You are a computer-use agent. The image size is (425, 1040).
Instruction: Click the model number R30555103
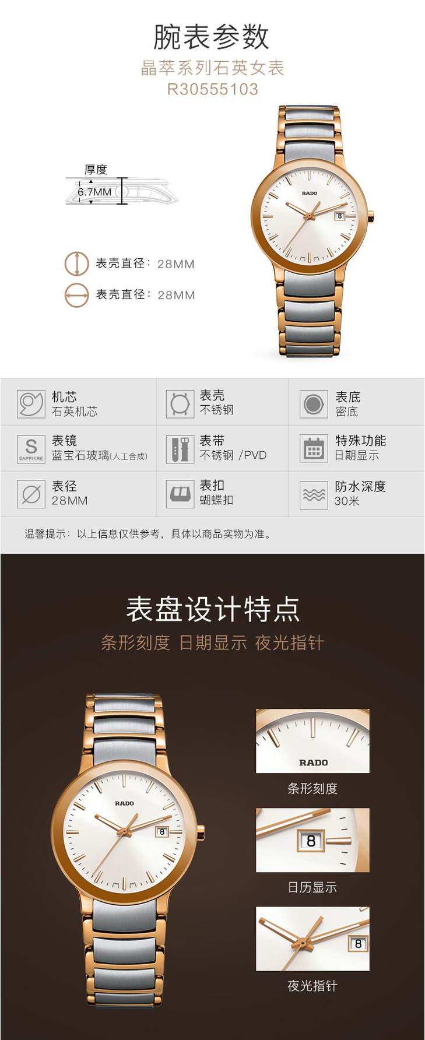pyautogui.click(x=212, y=89)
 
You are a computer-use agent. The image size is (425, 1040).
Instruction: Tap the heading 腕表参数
pyautogui.click(x=212, y=37)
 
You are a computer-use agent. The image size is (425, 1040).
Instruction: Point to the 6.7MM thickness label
pyautogui.click(x=94, y=192)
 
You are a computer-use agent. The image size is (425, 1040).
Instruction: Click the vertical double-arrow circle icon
pyautogui.click(x=76, y=263)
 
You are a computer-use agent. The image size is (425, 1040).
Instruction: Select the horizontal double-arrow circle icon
pyautogui.click(x=76, y=295)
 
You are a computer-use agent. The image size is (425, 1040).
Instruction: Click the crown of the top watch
pyautogui.click(x=370, y=217)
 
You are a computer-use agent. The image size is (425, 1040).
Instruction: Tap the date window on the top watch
pyautogui.click(x=339, y=216)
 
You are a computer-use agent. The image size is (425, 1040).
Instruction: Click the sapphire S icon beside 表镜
pyautogui.click(x=31, y=449)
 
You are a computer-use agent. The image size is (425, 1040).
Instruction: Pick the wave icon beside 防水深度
pyautogui.click(x=314, y=494)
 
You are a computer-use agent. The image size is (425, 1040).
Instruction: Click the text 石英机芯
pyautogui.click(x=75, y=412)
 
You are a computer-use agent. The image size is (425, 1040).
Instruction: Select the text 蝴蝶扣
pyautogui.click(x=216, y=500)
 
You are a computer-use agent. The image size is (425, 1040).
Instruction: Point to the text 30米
pyautogui.click(x=346, y=501)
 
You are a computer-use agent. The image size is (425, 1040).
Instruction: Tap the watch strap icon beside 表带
pyautogui.click(x=180, y=449)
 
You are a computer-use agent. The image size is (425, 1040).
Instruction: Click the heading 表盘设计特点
pyautogui.click(x=213, y=609)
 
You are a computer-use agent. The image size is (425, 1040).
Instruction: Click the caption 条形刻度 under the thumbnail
pyautogui.click(x=312, y=789)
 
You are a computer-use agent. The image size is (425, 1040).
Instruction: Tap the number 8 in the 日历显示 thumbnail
pyautogui.click(x=311, y=841)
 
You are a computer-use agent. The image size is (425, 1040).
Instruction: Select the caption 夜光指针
pyautogui.click(x=312, y=986)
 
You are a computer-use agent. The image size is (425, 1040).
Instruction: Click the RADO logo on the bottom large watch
pyautogui.click(x=124, y=803)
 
